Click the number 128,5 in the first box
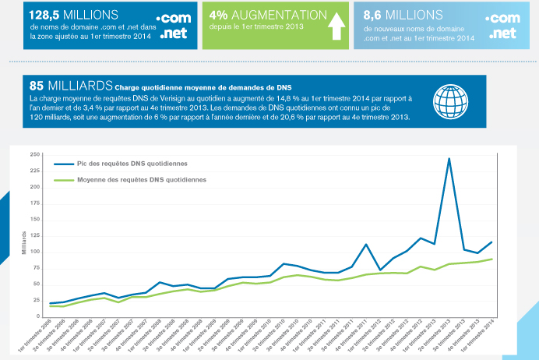pyautogui.click(x=45, y=15)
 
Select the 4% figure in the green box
pyautogui.click(x=218, y=15)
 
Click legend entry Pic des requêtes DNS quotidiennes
pyautogui.click(x=126, y=164)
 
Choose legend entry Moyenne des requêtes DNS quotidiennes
pyautogui.click(x=141, y=180)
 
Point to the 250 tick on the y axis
pyautogui.click(x=35, y=154)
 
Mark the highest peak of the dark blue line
pyautogui.click(x=449, y=158)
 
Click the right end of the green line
pyautogui.click(x=491, y=259)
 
